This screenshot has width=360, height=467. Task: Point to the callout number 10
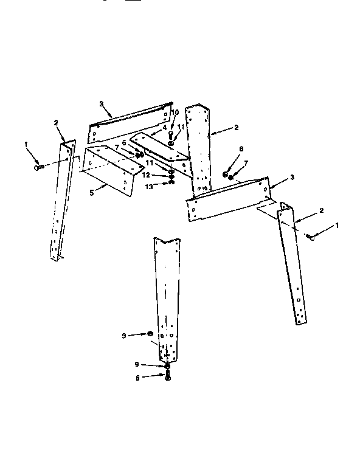pos(175,112)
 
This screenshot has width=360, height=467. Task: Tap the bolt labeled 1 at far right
pos(311,237)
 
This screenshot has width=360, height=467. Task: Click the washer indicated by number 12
pos(171,175)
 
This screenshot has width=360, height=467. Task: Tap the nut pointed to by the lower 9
pos(167,366)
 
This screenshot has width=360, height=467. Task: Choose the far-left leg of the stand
pos(60,201)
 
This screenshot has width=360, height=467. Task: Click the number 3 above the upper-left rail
pos(101,104)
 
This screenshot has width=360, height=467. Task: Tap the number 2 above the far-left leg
pos(55,123)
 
